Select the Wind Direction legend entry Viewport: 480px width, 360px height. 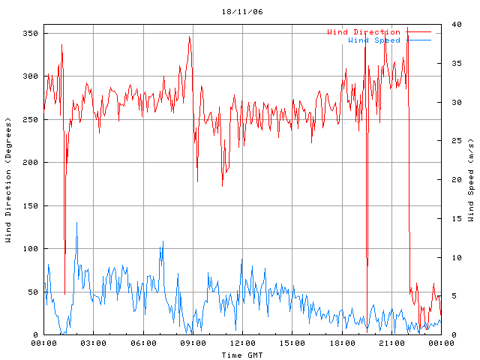(x=364, y=32)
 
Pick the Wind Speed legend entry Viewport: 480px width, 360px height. (x=374, y=40)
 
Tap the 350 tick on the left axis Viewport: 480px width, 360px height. (x=29, y=33)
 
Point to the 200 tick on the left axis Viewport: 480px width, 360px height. (x=29, y=163)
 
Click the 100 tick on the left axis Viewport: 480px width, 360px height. (x=29, y=249)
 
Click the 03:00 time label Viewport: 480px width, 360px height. (x=93, y=343)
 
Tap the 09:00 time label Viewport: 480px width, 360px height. (x=193, y=343)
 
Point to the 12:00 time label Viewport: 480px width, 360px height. (x=242, y=343)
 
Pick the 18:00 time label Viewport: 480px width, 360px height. (x=342, y=343)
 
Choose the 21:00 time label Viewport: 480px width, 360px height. (x=391, y=343)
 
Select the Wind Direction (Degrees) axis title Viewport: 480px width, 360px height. (x=8, y=180)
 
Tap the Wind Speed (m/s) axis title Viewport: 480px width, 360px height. (x=471, y=180)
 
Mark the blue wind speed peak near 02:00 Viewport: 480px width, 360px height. (x=76, y=223)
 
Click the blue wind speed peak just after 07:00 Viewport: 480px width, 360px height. (x=163, y=242)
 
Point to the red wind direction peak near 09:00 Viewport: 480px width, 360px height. (x=190, y=37)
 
